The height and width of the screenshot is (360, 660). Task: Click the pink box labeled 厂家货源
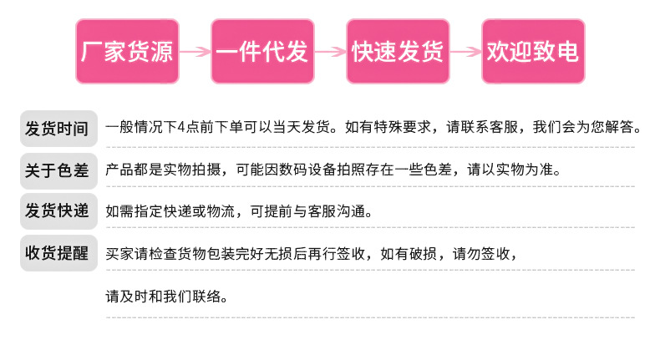click(x=127, y=52)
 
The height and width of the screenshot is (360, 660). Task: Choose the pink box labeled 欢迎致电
click(x=532, y=52)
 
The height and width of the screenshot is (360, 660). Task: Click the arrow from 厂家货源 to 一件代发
click(x=195, y=52)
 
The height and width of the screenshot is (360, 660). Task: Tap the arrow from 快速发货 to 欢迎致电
click(x=465, y=52)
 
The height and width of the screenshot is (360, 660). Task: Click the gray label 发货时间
click(x=56, y=129)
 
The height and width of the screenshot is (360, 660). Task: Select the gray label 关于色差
click(x=56, y=170)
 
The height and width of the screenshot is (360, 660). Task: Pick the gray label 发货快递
click(x=56, y=210)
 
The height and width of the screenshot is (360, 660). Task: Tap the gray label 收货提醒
click(x=56, y=253)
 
